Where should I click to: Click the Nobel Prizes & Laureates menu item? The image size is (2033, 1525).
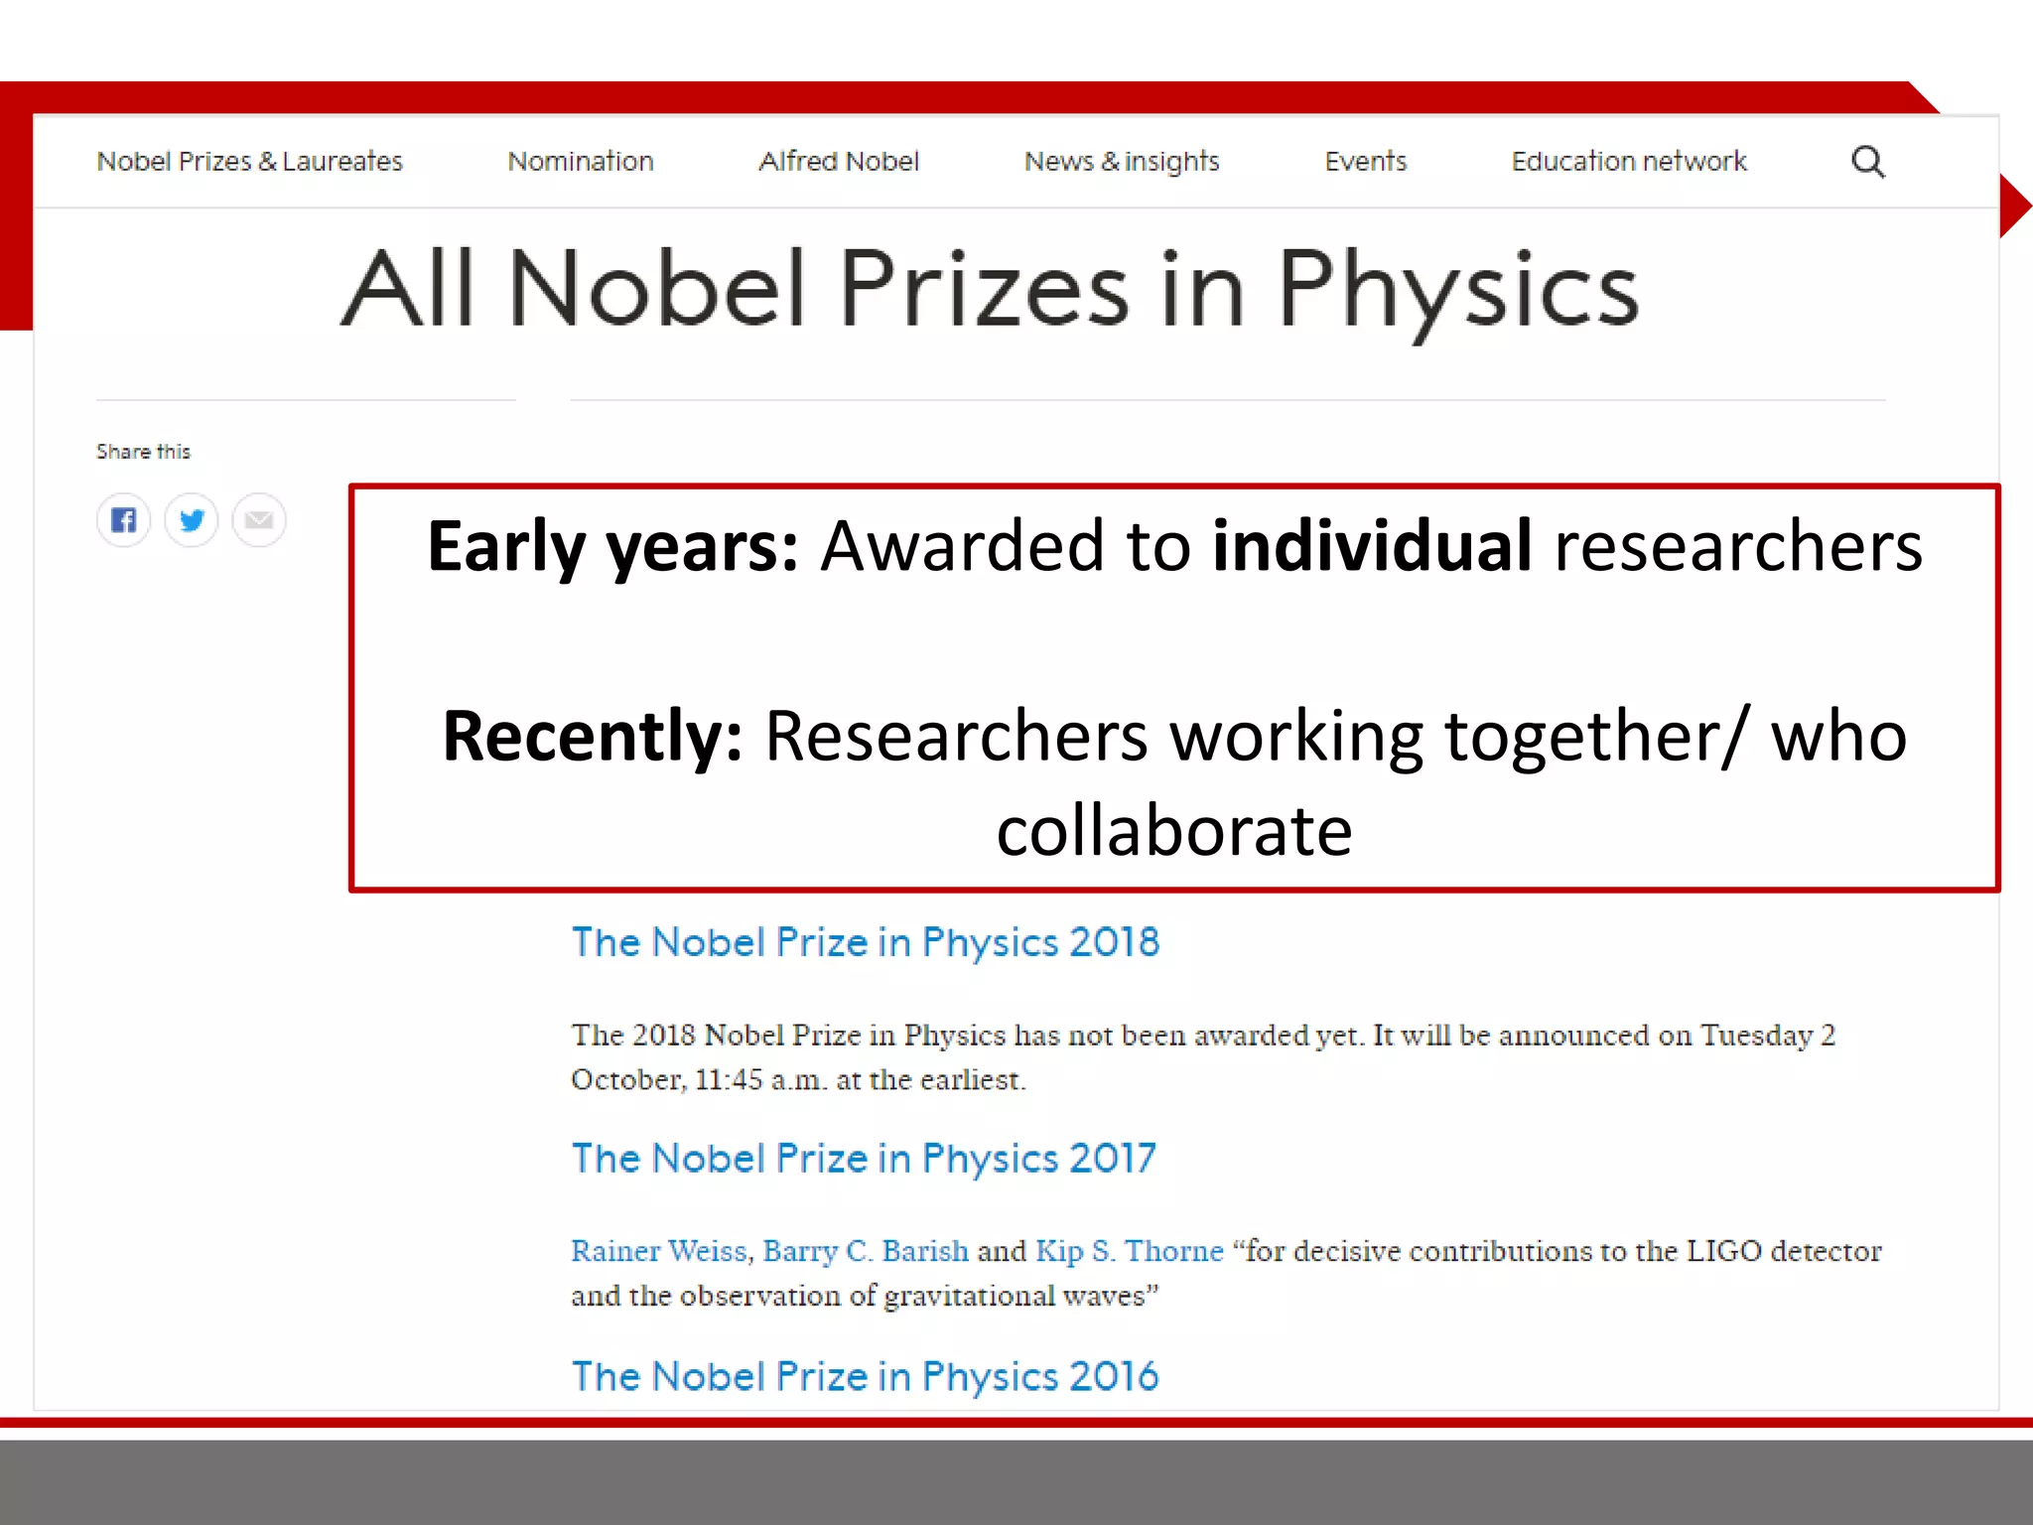[249, 161]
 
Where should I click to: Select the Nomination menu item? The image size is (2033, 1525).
[581, 161]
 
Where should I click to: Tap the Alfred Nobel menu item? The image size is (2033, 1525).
[839, 161]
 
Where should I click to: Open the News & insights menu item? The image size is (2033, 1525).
[1122, 161]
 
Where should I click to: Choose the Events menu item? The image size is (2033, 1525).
[1365, 161]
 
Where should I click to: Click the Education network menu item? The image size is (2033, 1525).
[1629, 161]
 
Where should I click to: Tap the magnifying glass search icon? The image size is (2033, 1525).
[1868, 161]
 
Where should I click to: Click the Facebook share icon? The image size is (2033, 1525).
[123, 519]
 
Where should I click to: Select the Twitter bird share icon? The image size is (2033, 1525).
[192, 519]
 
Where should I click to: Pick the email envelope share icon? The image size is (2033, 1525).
[259, 519]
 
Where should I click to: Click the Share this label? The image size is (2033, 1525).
[143, 452]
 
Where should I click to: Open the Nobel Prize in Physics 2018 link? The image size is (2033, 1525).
[865, 942]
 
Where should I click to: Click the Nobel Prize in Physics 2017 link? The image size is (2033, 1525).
[864, 1159]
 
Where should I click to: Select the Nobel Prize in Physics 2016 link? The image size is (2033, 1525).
[865, 1376]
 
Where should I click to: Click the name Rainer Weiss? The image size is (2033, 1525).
[658, 1251]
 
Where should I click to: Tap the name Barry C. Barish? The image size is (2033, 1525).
[865, 1251]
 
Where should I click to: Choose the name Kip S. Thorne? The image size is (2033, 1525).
[1129, 1251]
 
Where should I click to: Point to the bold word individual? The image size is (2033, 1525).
[1372, 546]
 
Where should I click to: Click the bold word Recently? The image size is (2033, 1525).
[592, 736]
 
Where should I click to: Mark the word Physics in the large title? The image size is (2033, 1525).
[1457, 290]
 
